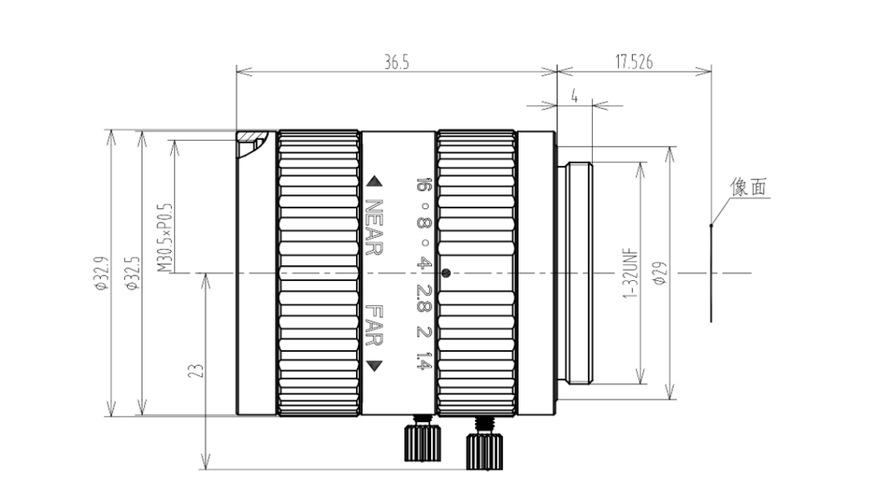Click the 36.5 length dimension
pyautogui.click(x=396, y=63)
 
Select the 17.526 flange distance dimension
pyautogui.click(x=634, y=62)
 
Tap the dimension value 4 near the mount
pyautogui.click(x=574, y=97)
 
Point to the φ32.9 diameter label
pyautogui.click(x=102, y=273)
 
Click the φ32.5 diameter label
pyautogui.click(x=133, y=273)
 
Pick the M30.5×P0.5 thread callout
pyautogui.click(x=164, y=238)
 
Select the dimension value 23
pyautogui.click(x=197, y=370)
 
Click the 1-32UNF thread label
pyautogui.click(x=630, y=273)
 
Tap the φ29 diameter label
pyautogui.click(x=660, y=273)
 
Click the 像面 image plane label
pyautogui.click(x=749, y=187)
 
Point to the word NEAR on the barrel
pyautogui.click(x=374, y=227)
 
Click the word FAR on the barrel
pyautogui.click(x=374, y=325)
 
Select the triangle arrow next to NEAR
pyautogui.click(x=374, y=182)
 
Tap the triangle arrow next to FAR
pyautogui.click(x=374, y=366)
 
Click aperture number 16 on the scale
pyautogui.click(x=424, y=185)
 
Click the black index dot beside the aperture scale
pyautogui.click(x=446, y=274)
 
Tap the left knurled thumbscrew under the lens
pyautogui.click(x=422, y=439)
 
